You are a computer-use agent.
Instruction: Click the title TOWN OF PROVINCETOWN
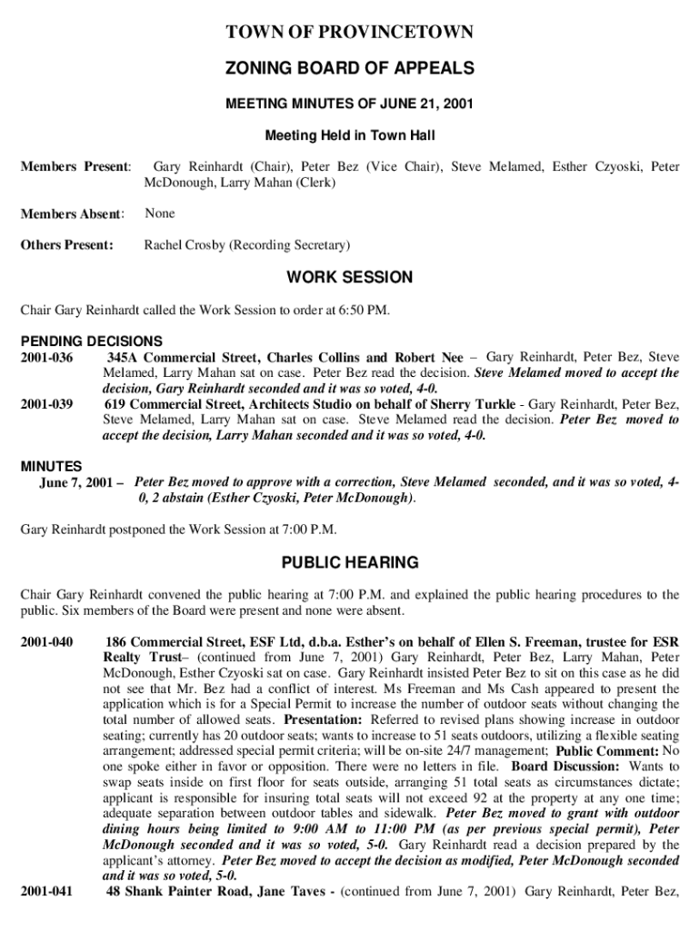[350, 34]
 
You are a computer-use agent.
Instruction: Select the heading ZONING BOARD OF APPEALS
[350, 69]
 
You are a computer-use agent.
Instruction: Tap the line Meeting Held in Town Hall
[350, 135]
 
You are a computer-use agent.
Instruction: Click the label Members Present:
[76, 167]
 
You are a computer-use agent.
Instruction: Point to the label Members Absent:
[72, 214]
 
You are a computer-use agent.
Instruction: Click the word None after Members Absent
[160, 213]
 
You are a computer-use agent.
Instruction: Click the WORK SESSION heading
[350, 278]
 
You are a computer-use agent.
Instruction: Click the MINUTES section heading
[51, 467]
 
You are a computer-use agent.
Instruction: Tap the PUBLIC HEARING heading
[350, 563]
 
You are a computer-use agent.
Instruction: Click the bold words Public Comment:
[607, 751]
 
